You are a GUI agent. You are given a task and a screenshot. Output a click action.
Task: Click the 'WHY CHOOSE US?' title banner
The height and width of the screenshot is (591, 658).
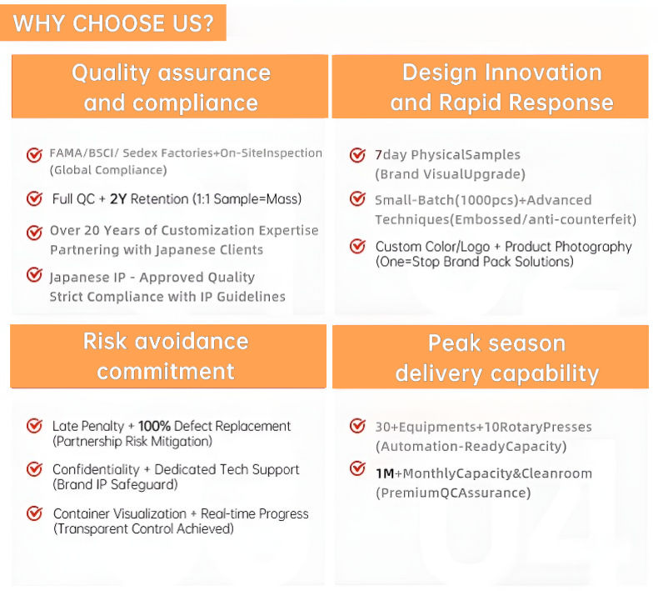(x=113, y=23)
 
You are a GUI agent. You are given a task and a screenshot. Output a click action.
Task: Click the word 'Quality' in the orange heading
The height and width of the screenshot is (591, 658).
(x=111, y=73)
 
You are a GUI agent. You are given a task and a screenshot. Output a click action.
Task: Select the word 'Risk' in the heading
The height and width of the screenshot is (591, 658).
(x=105, y=341)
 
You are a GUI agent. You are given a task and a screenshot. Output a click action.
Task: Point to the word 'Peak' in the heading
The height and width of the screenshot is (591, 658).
(x=454, y=343)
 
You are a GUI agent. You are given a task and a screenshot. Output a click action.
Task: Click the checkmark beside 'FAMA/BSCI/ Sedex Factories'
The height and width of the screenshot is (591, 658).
(x=34, y=154)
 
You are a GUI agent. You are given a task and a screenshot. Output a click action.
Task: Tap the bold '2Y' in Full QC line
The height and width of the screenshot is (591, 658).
(x=118, y=198)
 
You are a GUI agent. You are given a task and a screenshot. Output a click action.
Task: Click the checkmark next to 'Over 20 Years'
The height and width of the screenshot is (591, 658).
(x=34, y=232)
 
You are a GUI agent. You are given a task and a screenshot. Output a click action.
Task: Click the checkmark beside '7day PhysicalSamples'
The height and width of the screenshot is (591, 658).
(x=357, y=154)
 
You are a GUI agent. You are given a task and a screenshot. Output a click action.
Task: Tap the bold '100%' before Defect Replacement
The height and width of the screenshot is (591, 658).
(x=154, y=426)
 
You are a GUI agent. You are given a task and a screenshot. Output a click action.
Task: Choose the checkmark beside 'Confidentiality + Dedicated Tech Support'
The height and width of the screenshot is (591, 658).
(x=34, y=468)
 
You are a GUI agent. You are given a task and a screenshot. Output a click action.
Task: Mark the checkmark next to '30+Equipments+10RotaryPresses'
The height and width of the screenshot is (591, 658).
(x=357, y=425)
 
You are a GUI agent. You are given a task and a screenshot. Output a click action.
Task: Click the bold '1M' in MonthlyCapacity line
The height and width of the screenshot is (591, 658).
(x=385, y=473)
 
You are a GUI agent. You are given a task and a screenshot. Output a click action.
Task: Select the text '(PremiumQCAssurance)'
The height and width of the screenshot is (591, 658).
(x=453, y=493)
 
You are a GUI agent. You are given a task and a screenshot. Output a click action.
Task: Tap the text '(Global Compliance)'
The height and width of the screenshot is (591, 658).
(x=108, y=170)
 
